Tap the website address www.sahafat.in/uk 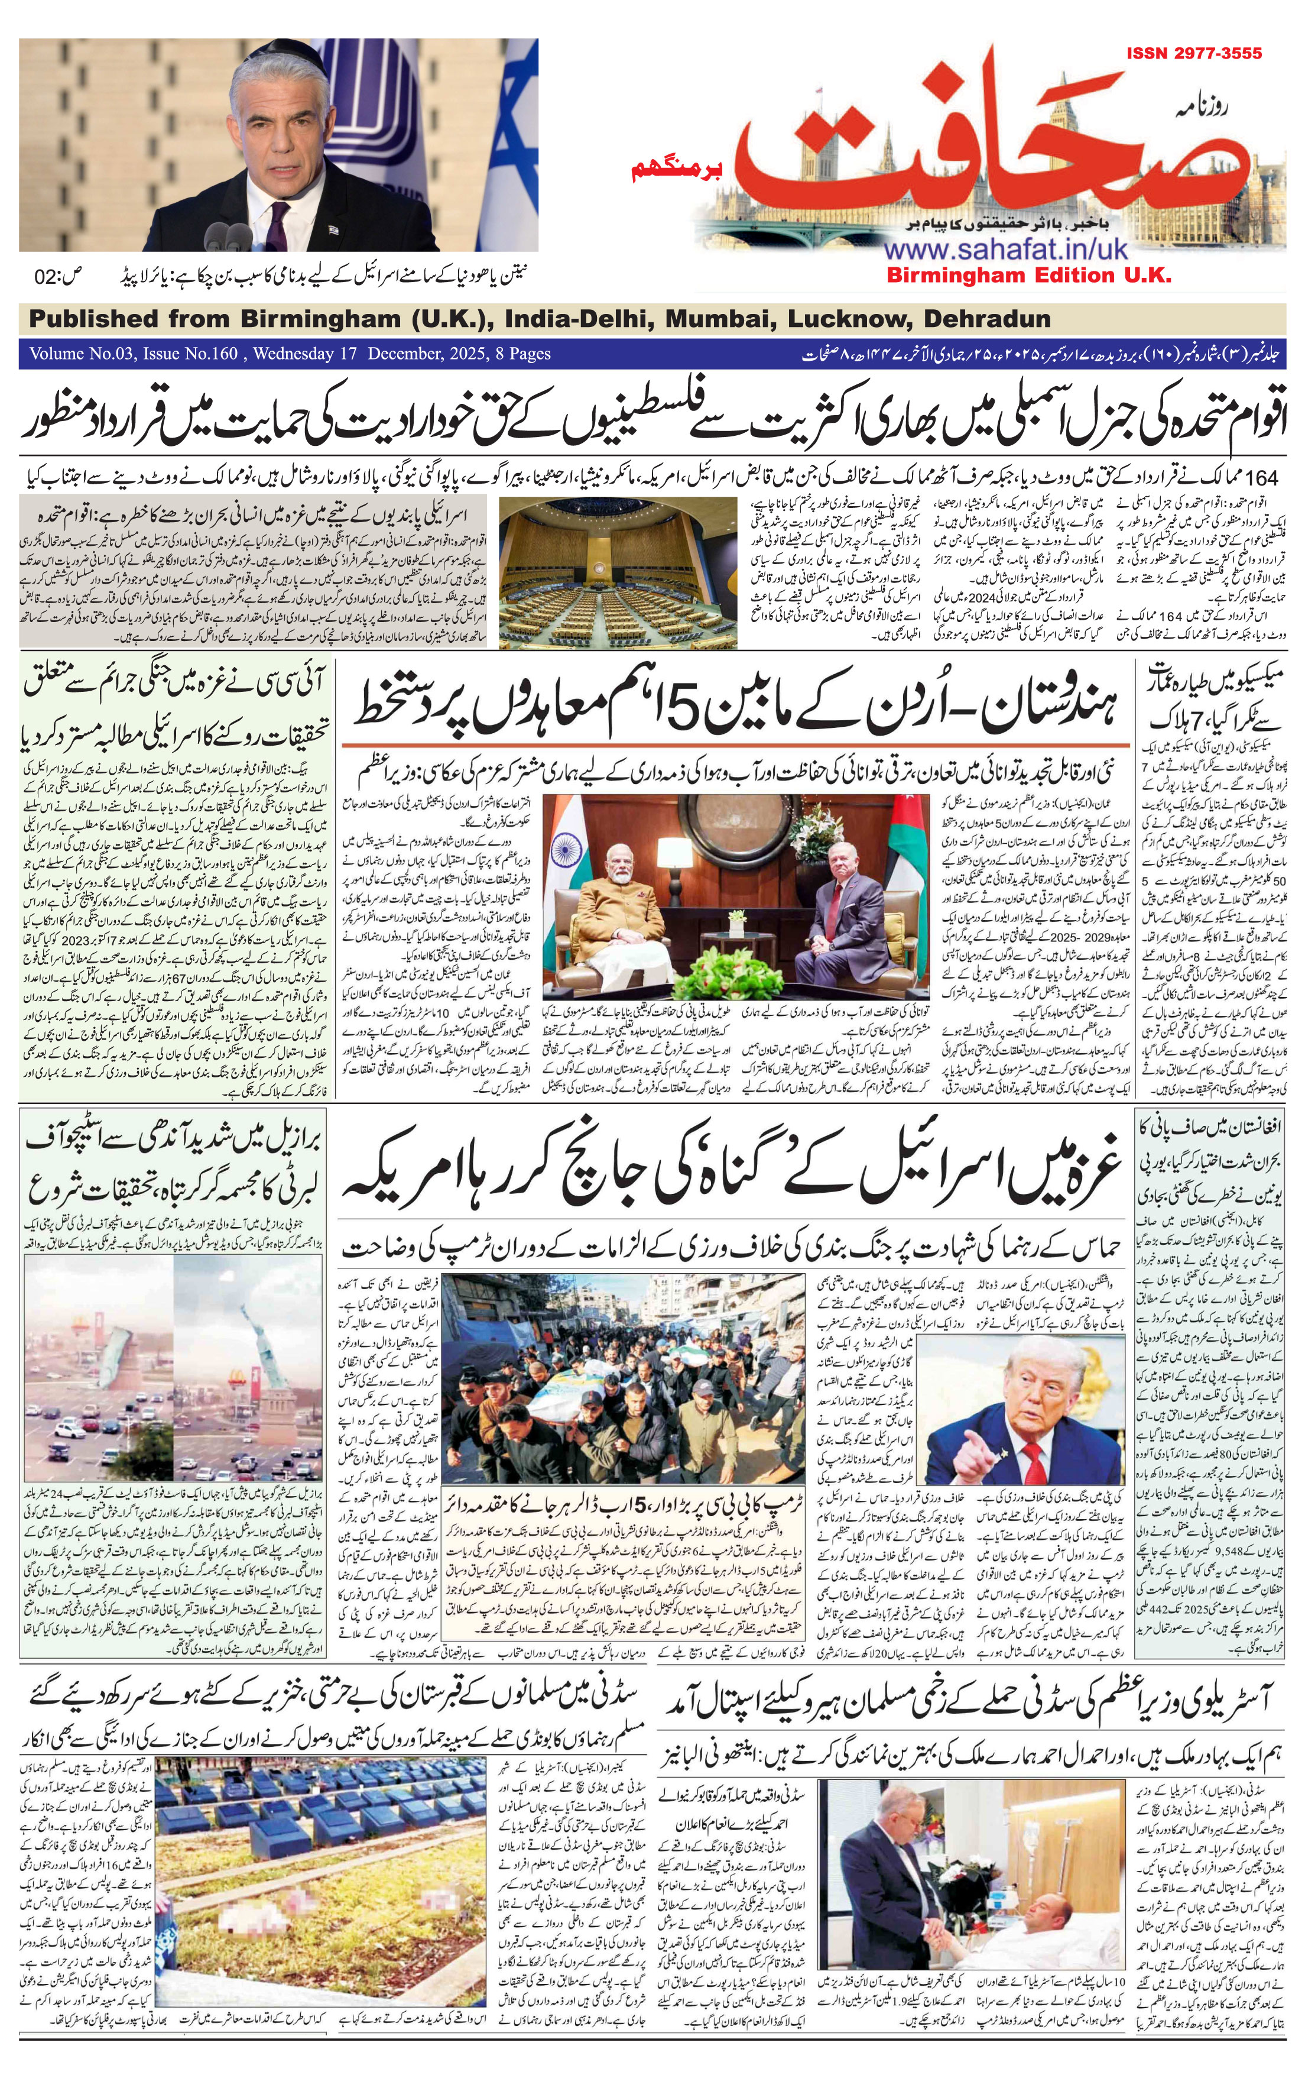[1005, 250]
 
